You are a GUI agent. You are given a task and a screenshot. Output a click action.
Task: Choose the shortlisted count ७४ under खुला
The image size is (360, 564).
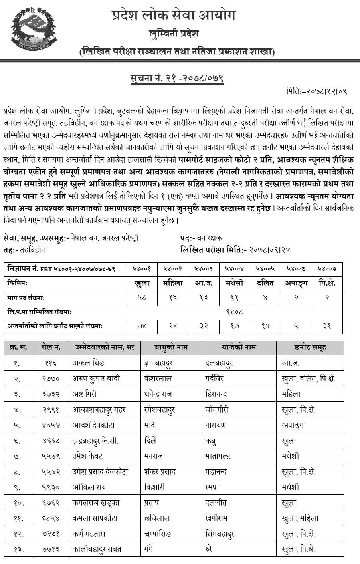point(142,326)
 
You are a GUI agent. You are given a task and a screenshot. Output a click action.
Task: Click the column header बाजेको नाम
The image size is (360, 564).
point(239,347)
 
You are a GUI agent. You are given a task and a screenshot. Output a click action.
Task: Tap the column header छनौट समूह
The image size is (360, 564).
point(310,347)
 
